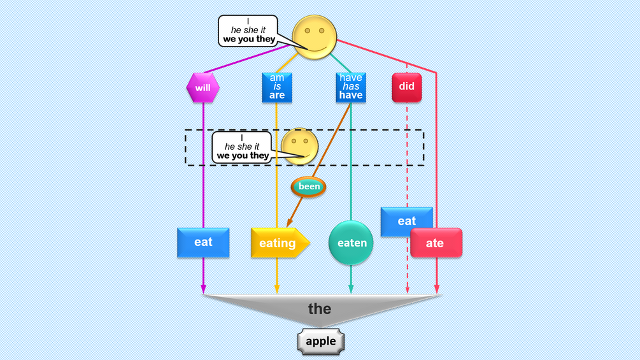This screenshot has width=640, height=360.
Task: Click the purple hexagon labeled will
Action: click(x=203, y=87)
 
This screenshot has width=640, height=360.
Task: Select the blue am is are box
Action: click(x=276, y=87)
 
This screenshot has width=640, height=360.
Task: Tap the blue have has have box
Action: click(x=350, y=87)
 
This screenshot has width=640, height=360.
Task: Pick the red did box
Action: click(x=407, y=87)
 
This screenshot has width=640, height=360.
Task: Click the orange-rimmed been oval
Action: click(x=308, y=187)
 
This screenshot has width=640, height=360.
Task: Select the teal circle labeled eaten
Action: click(x=351, y=243)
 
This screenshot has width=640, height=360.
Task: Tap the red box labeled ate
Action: click(x=436, y=243)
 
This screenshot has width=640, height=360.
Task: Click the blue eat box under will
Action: click(x=203, y=243)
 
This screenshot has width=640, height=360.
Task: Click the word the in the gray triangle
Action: click(x=320, y=309)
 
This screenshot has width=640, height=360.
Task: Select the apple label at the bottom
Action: click(x=320, y=342)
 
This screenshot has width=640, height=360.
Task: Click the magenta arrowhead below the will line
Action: click(x=203, y=290)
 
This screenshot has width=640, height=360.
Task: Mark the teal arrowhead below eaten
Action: click(x=351, y=290)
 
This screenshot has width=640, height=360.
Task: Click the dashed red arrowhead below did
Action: click(x=407, y=290)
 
